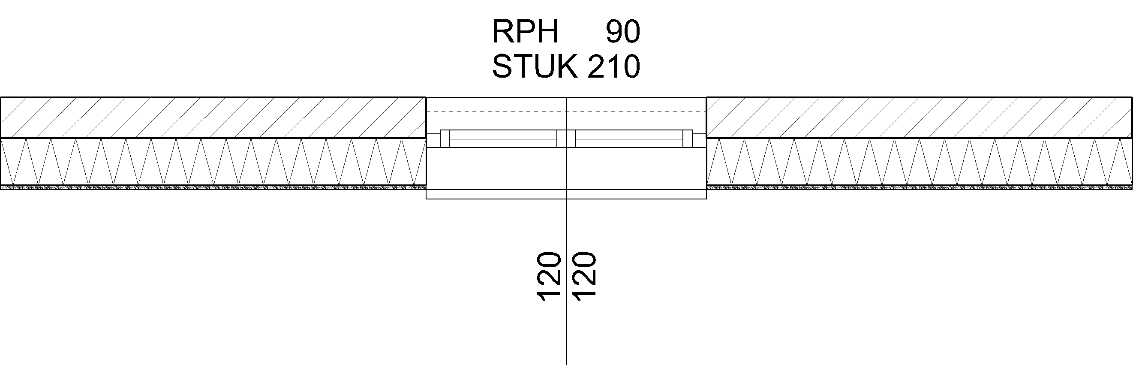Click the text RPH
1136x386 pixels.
pos(525,32)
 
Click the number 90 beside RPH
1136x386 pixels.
pos(622,32)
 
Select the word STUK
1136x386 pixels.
pos(535,66)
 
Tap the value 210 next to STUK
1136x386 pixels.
pos(613,66)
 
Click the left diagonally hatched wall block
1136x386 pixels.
pos(213,118)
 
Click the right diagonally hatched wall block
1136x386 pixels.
pos(920,118)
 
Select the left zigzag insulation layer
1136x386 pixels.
pos(213,161)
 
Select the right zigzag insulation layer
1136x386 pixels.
pos(920,161)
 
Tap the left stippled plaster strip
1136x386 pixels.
pos(213,187)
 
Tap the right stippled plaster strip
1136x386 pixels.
pos(920,187)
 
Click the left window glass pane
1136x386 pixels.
pos(503,139)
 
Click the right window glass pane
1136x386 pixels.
pos(629,139)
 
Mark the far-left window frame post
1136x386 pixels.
pos(445,139)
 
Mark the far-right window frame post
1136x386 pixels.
pos(688,139)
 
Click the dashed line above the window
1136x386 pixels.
pos(496,112)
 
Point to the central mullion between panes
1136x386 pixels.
pos(566,139)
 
